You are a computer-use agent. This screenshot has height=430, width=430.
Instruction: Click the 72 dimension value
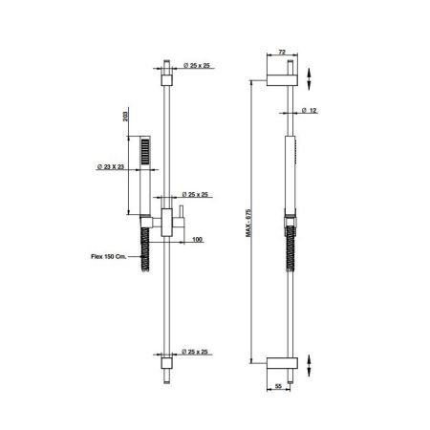click(282, 52)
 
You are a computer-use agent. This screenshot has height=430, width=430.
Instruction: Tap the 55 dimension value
click(278, 386)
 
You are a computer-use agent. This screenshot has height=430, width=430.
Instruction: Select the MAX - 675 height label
click(248, 223)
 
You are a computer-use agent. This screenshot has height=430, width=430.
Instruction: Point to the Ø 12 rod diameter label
click(309, 110)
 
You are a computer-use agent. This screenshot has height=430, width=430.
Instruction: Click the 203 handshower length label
click(125, 115)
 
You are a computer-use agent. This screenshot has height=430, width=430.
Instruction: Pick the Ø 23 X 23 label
click(111, 166)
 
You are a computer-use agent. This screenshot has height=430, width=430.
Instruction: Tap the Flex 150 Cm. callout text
click(109, 256)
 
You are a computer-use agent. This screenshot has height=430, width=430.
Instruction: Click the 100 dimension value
click(198, 239)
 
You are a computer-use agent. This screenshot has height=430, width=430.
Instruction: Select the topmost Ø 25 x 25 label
click(197, 66)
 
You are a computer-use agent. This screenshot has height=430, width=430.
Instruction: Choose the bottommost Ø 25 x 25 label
click(195, 352)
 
